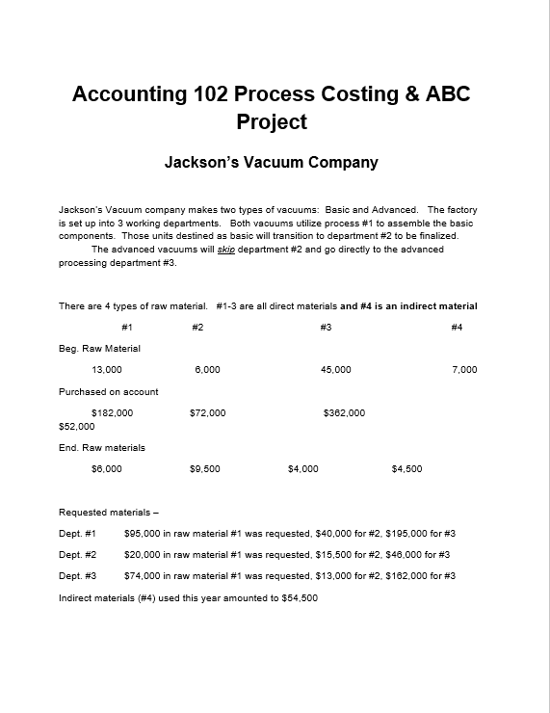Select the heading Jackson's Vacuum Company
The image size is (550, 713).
pyautogui.click(x=272, y=162)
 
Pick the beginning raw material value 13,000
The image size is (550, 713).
pyautogui.click(x=106, y=369)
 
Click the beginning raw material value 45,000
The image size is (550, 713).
pyautogui.click(x=335, y=369)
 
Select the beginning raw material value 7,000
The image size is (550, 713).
pyautogui.click(x=464, y=369)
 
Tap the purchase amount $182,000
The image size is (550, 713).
pyautogui.click(x=112, y=412)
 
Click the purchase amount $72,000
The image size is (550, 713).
pyautogui.click(x=208, y=412)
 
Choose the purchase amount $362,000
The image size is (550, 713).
pyautogui.click(x=344, y=412)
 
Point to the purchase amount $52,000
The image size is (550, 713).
pyautogui.click(x=77, y=425)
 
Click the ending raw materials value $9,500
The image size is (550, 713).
pyautogui.click(x=206, y=468)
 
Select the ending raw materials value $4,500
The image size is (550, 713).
pyautogui.click(x=406, y=468)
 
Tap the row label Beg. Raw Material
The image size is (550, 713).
pyautogui.click(x=99, y=348)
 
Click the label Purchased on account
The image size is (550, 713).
pyautogui.click(x=109, y=391)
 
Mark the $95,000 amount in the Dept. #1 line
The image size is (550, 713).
pyautogui.click(x=145, y=533)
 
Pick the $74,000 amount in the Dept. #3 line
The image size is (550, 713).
pyautogui.click(x=145, y=576)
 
